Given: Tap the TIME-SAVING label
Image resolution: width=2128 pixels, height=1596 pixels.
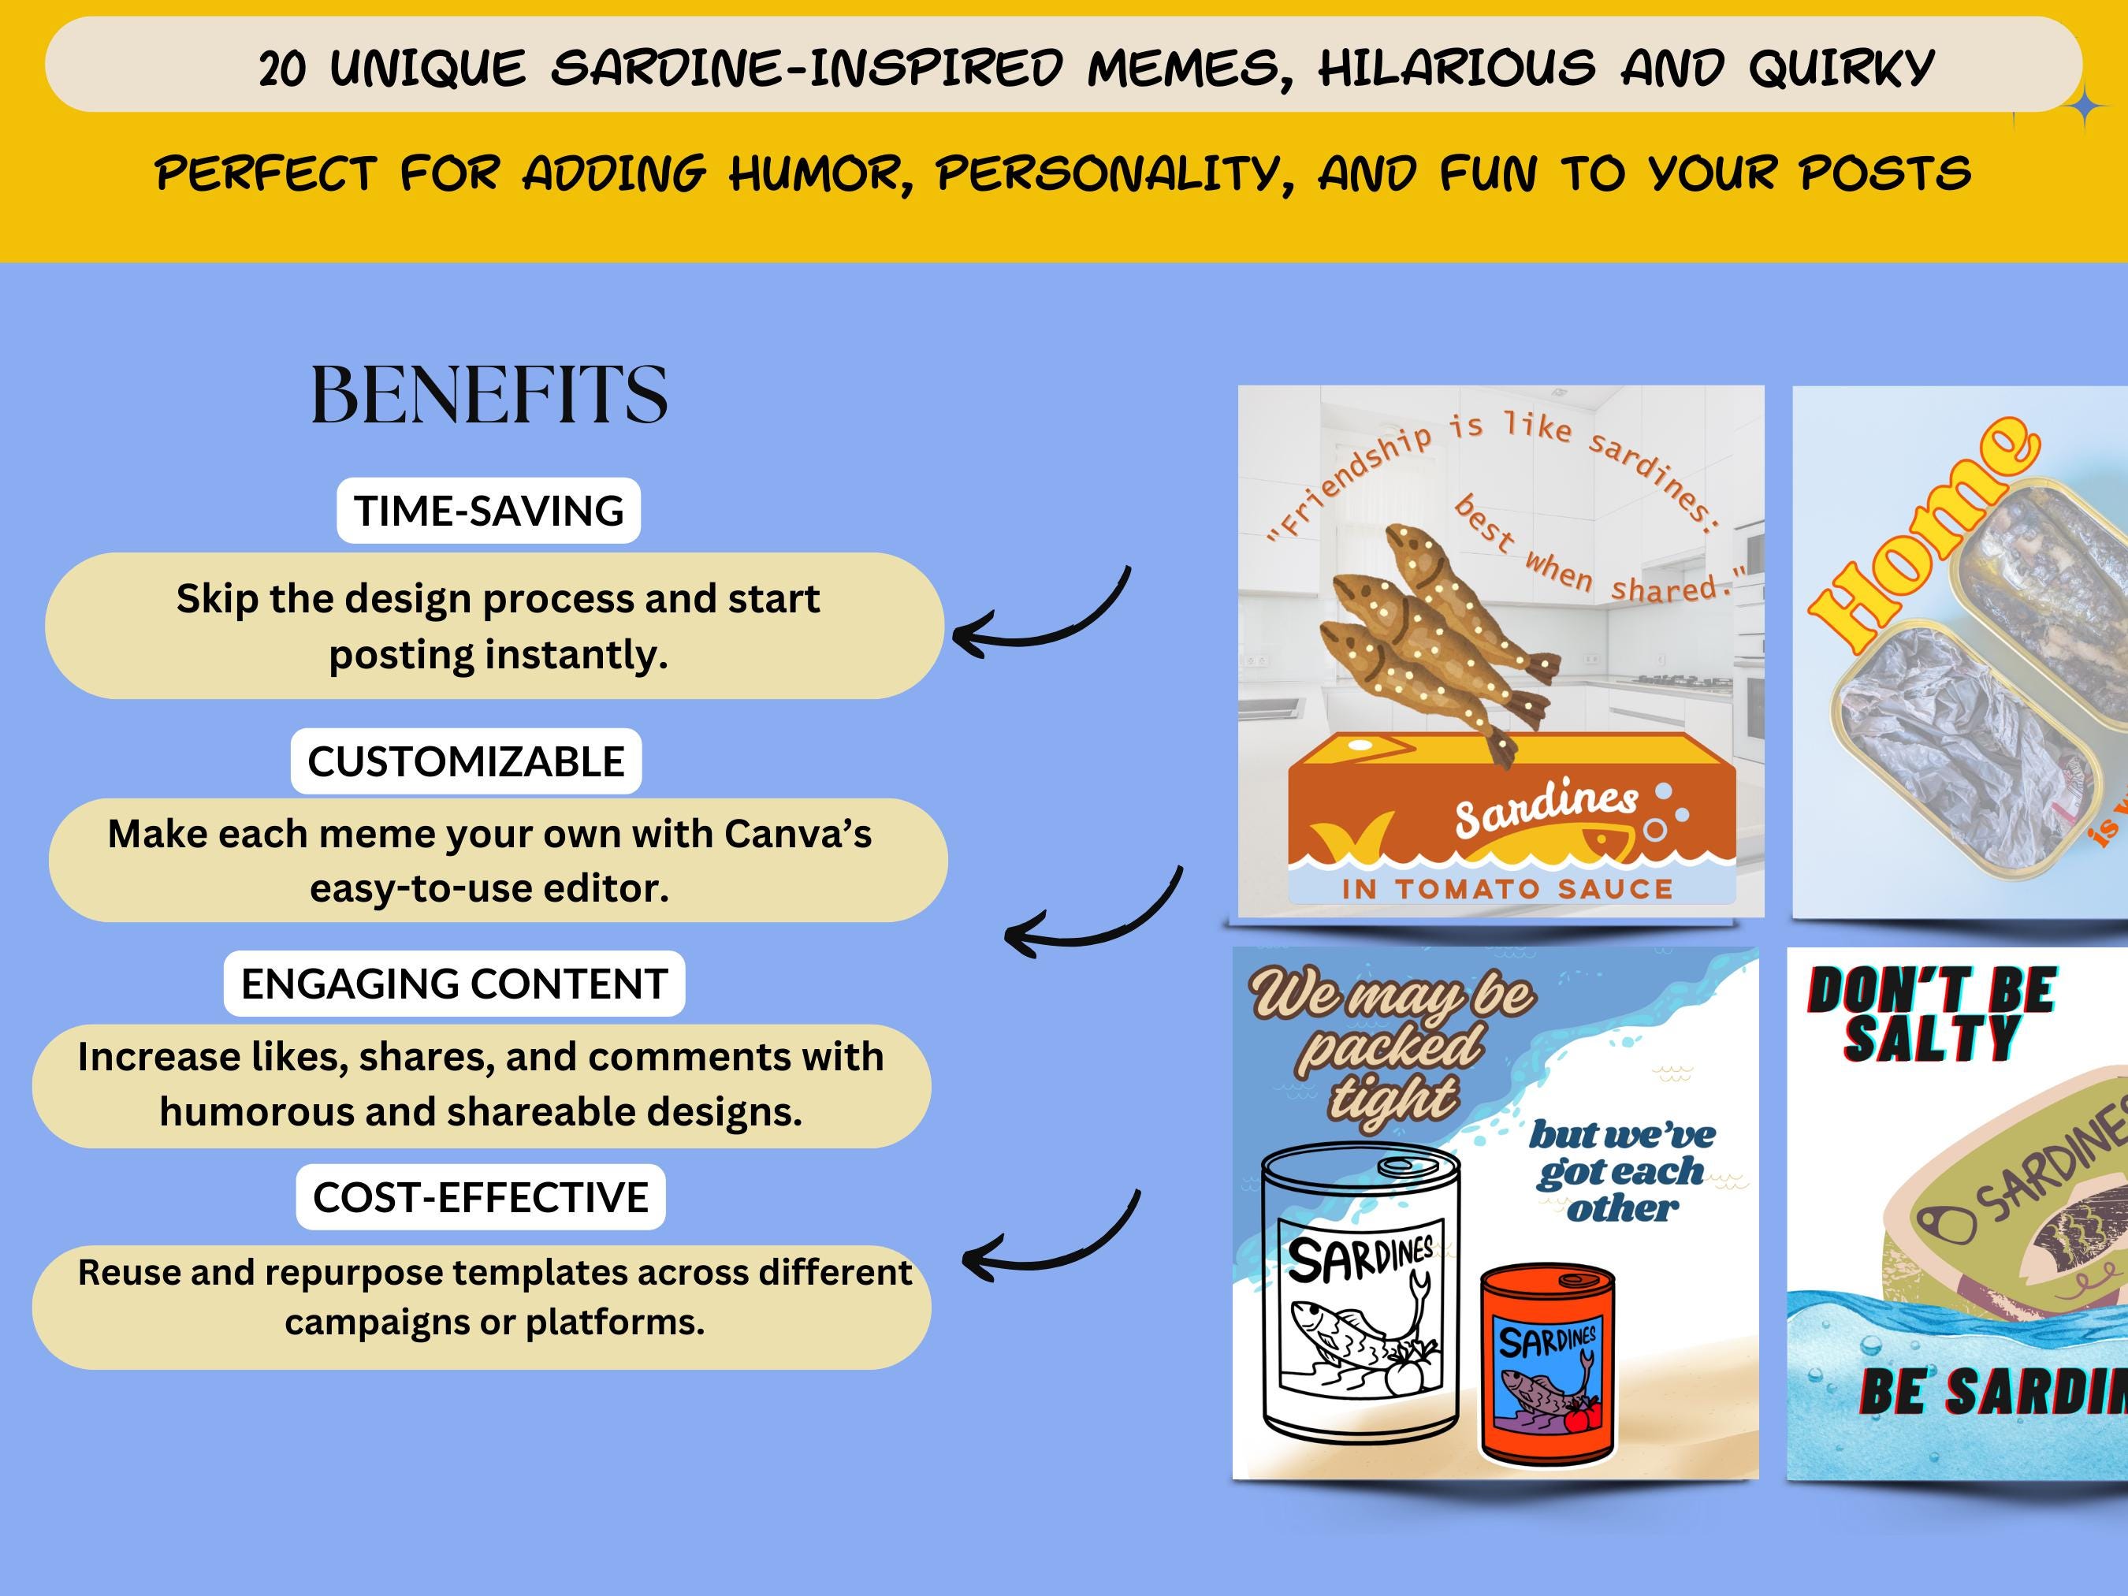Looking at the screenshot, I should click(x=489, y=511).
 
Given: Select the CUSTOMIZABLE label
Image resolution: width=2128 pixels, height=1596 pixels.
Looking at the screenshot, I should click(x=466, y=761).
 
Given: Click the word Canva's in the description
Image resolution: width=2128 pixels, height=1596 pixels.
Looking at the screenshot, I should click(x=798, y=834).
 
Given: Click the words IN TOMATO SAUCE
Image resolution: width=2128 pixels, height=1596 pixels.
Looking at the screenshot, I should click(x=1508, y=889).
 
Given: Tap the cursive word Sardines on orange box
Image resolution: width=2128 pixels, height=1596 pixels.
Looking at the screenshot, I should click(x=1545, y=805).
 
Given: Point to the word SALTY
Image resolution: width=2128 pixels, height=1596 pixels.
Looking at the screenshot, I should click(x=1931, y=1040).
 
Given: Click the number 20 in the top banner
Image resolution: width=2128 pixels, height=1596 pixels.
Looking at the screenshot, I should click(x=283, y=69).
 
